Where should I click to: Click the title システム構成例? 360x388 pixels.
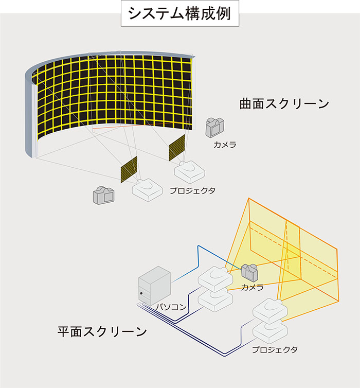(x=180, y=13)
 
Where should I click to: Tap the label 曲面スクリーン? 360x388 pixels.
(x=284, y=103)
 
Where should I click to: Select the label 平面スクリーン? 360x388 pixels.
(x=102, y=331)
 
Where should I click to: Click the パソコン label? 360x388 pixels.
(x=171, y=307)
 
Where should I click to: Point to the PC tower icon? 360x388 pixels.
(x=154, y=286)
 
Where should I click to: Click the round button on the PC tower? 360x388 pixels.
(x=141, y=293)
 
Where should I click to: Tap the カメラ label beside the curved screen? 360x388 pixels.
(x=225, y=145)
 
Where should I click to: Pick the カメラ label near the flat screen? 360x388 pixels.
(x=252, y=287)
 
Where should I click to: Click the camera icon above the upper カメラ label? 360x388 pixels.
(x=214, y=128)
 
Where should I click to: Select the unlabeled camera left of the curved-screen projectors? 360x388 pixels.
(x=103, y=195)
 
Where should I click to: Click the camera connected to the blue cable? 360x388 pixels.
(x=249, y=272)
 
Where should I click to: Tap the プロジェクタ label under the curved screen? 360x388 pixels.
(x=193, y=191)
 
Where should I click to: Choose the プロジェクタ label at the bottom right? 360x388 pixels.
(x=275, y=349)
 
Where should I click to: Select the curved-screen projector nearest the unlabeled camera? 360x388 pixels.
(x=148, y=189)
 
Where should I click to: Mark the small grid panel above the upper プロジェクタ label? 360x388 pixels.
(x=177, y=148)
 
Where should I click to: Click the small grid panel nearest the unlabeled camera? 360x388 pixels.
(x=129, y=169)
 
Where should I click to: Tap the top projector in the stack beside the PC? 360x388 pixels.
(x=215, y=278)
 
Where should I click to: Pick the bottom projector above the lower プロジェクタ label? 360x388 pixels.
(x=270, y=332)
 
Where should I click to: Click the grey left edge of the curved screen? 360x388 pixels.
(x=29, y=114)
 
